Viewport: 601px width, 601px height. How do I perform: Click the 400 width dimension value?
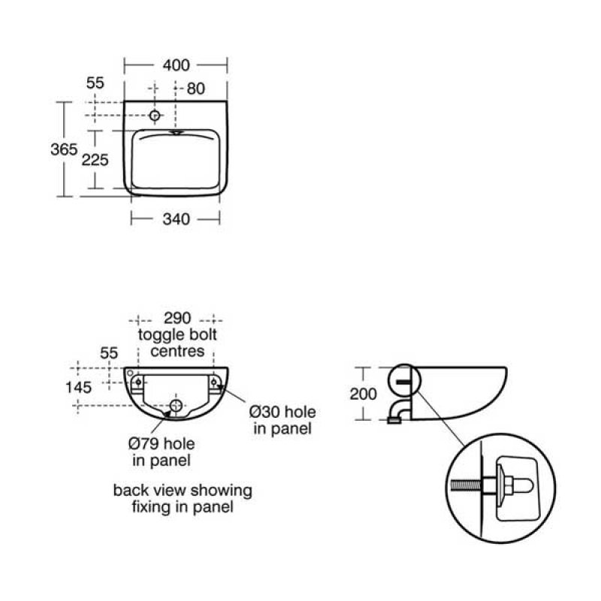click(x=176, y=65)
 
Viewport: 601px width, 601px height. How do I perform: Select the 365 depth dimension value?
click(x=64, y=149)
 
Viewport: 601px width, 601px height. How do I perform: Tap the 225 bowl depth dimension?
click(x=95, y=160)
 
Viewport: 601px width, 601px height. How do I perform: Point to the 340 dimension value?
click(x=176, y=219)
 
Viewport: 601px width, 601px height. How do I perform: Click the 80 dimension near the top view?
click(x=196, y=89)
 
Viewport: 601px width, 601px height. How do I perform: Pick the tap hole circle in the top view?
click(x=155, y=115)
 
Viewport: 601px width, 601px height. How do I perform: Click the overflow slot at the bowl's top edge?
click(x=177, y=133)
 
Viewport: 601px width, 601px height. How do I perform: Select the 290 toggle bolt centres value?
click(x=177, y=318)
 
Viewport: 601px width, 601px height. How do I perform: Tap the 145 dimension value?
click(x=78, y=388)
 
